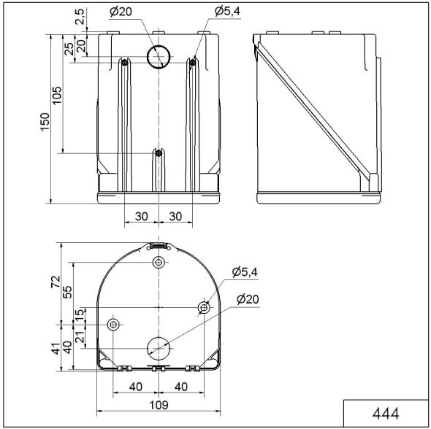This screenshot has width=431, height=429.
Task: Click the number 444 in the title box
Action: (x=386, y=413)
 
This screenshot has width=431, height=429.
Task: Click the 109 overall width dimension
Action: (x=159, y=405)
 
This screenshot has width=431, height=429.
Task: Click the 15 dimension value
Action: (x=80, y=313)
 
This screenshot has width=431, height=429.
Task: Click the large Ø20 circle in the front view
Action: (x=159, y=55)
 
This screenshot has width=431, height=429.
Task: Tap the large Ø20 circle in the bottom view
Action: (x=159, y=347)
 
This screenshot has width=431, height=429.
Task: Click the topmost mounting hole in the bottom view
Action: (x=159, y=263)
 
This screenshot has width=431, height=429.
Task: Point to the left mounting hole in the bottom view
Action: (x=113, y=324)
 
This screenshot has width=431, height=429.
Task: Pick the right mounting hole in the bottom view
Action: (x=204, y=309)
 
